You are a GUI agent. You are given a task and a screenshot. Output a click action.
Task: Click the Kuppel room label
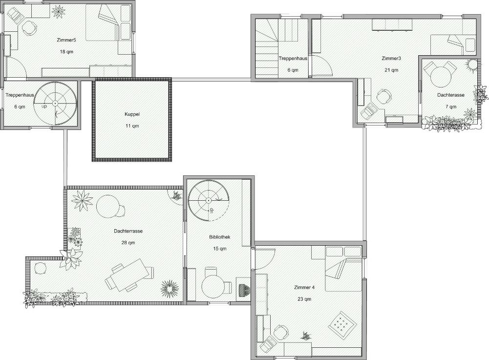pos(132,114)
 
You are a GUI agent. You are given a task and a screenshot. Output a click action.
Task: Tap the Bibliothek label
pos(219,237)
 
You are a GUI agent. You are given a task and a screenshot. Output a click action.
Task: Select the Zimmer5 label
pos(66,40)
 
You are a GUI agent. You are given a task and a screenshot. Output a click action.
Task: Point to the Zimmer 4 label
pos(304,287)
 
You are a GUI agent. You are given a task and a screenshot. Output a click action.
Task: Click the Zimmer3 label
pos(391,58)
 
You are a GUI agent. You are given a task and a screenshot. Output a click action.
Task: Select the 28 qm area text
pos(128,243)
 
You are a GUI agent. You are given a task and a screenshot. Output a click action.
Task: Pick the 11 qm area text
pos(132,126)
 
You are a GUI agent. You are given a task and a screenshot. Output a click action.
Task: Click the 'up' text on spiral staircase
pos(44,106)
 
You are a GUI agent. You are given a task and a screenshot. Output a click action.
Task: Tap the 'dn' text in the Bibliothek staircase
pos(211,210)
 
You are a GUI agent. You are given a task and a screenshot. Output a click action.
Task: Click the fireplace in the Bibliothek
pos(244,290)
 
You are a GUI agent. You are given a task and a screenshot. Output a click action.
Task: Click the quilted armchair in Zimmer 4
pos(342,325)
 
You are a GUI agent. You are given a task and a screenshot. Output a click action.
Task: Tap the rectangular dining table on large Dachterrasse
pos(128,275)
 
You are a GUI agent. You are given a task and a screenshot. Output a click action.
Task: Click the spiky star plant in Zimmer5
pos(59,12)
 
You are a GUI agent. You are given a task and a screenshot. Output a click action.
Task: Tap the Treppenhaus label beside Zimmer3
pos(293,58)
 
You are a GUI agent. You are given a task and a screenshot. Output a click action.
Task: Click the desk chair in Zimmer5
pos(29,28)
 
